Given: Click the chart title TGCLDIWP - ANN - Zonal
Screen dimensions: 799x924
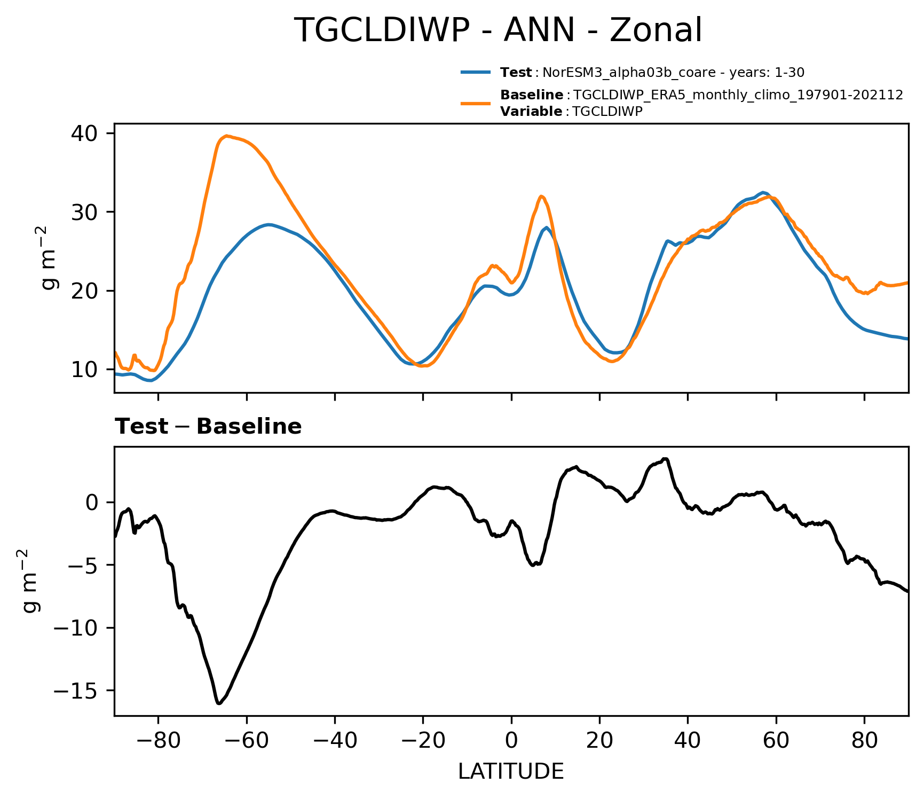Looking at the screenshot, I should (498, 30).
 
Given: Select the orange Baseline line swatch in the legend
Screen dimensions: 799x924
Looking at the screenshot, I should (476, 103).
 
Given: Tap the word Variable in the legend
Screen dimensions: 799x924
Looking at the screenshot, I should (531, 112).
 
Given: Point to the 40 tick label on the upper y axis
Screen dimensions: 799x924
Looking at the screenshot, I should (84, 133).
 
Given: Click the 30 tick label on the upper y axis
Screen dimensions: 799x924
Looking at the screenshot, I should (84, 212).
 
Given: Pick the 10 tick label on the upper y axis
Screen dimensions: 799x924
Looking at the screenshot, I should (84, 370).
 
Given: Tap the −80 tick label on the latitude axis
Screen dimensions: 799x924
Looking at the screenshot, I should (158, 741).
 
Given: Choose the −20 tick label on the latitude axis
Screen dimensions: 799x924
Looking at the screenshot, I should (423, 741).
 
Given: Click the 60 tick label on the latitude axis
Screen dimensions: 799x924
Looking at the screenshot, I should (776, 741).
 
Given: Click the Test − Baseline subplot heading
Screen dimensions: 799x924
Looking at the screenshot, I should (208, 427).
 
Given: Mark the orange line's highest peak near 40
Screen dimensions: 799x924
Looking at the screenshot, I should (227, 136).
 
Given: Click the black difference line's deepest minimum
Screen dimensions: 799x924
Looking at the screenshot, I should (219, 703).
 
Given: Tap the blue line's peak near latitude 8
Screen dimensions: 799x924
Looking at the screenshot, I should (547, 228).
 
